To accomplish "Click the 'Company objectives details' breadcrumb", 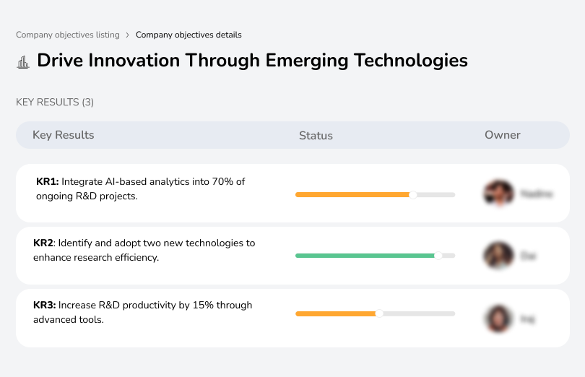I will pos(188,35).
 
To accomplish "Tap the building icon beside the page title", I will pos(23,61).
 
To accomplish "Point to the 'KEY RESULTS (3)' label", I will pos(55,103).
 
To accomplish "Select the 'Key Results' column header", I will pos(64,135).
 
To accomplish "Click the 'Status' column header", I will pos(316,136).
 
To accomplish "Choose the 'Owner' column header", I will pos(503,135).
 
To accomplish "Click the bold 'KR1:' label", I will pos(47,182).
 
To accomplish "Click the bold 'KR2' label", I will pos(44,243).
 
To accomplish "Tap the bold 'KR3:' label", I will pos(45,305).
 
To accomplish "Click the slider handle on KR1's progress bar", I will pos(412,194).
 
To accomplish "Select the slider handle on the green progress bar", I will pos(438,255).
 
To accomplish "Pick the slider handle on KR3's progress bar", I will pos(379,313).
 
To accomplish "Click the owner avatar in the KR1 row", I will pos(498,194).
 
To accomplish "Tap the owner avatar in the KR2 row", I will pos(498,256).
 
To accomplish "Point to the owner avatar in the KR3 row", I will pos(498,318).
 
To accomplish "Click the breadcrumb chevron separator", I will pos(127,35).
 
